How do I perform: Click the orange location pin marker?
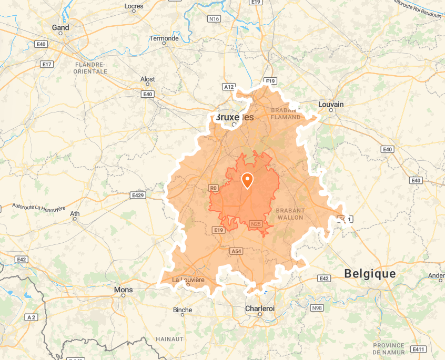click(247, 180)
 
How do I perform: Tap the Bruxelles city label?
click(235, 117)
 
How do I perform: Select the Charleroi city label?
click(260, 308)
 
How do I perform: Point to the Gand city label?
click(60, 27)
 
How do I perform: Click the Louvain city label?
click(331, 104)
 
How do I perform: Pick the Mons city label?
click(124, 290)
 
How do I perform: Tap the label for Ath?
click(75, 214)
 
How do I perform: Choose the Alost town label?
click(148, 79)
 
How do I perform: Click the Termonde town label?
click(164, 38)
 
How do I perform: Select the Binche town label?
click(183, 310)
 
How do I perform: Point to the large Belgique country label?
click(369, 273)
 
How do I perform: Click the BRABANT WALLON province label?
click(290, 213)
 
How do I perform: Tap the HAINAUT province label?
click(169, 339)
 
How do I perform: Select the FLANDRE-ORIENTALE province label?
click(90, 68)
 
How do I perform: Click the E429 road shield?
click(137, 195)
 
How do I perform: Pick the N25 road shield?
click(256, 224)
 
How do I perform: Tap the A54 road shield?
click(236, 252)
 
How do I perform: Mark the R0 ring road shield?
click(213, 188)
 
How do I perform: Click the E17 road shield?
click(47, 64)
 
